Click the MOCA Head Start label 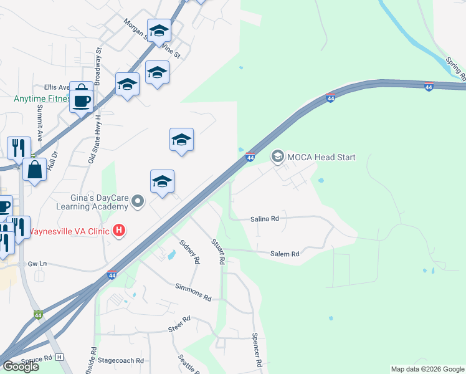(321, 157)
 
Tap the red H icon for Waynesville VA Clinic (119, 232)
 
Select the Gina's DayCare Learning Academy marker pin (138, 201)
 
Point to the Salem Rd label (285, 254)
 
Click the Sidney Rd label (189, 250)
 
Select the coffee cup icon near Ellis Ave (81, 100)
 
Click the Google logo (21, 367)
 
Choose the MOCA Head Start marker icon (277, 156)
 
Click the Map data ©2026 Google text (427, 369)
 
